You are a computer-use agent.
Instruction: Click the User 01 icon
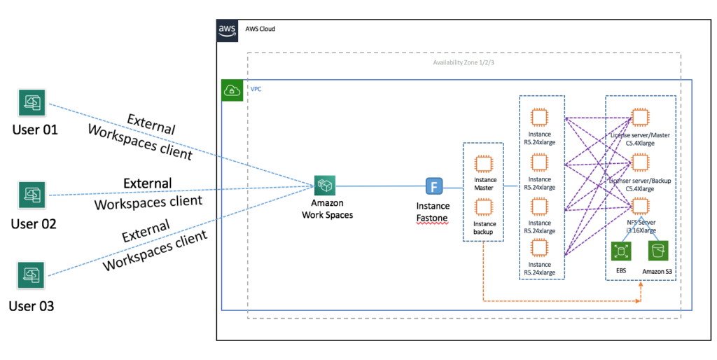coord(32,103)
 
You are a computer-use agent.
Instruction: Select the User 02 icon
coord(32,195)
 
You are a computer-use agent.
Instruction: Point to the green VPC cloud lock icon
coord(232,91)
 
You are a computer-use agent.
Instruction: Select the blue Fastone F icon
coord(435,186)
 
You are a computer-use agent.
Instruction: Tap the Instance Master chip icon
coord(483,164)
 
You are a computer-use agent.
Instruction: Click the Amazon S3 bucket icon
coord(658,251)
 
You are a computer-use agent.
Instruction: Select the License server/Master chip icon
coord(639,116)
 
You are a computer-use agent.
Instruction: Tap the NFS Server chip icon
coord(639,206)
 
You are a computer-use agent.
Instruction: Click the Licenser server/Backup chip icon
coord(639,162)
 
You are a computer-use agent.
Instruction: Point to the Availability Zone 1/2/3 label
coord(464,62)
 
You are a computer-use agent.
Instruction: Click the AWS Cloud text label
coord(260,29)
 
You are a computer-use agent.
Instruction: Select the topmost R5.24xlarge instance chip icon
coord(539,116)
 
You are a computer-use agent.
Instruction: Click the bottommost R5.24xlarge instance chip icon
coord(539,248)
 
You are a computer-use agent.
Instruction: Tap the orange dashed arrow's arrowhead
coord(639,300)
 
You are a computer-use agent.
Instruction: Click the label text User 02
coord(33,224)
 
